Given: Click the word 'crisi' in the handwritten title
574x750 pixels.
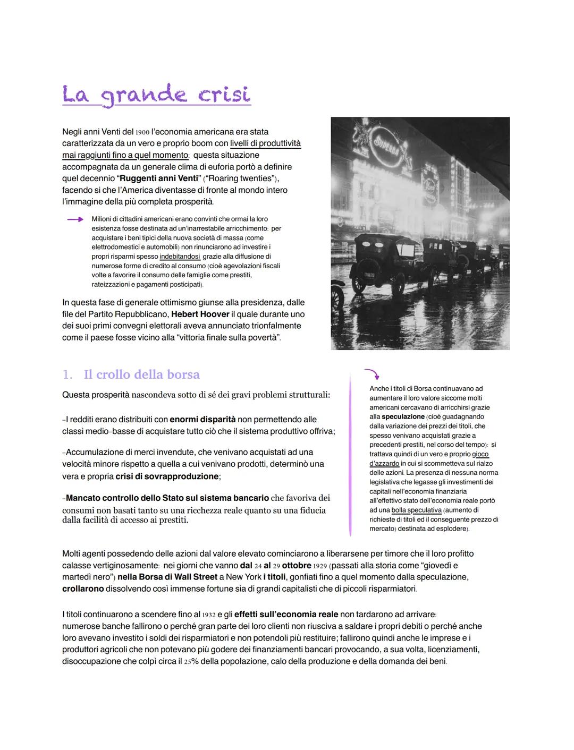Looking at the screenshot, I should click(x=224, y=95).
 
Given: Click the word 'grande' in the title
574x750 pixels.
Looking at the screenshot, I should click(x=144, y=96).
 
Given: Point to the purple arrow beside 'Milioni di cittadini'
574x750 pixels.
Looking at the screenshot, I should click(x=75, y=219).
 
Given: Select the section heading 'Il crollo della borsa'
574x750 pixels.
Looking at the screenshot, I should click(x=141, y=374).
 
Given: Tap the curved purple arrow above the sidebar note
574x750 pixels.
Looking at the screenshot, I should click(x=371, y=373).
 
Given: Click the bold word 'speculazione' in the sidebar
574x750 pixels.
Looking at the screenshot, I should click(x=403, y=416).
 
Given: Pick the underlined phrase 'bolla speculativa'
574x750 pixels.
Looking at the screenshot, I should click(x=416, y=510).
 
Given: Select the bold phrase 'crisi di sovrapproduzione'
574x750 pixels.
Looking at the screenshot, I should click(x=167, y=476).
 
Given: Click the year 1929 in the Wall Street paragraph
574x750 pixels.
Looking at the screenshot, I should click(x=317, y=566).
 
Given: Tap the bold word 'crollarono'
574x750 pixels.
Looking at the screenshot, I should click(x=83, y=589).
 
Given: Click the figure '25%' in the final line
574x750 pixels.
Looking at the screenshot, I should click(x=191, y=661).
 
